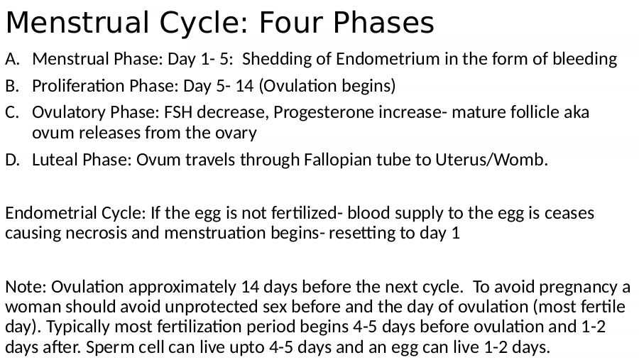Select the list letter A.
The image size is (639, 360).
[x=12, y=59]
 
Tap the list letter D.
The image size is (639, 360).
[x=13, y=160]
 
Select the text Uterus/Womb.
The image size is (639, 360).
[x=491, y=160]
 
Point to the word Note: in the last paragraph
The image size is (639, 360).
[x=26, y=287]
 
